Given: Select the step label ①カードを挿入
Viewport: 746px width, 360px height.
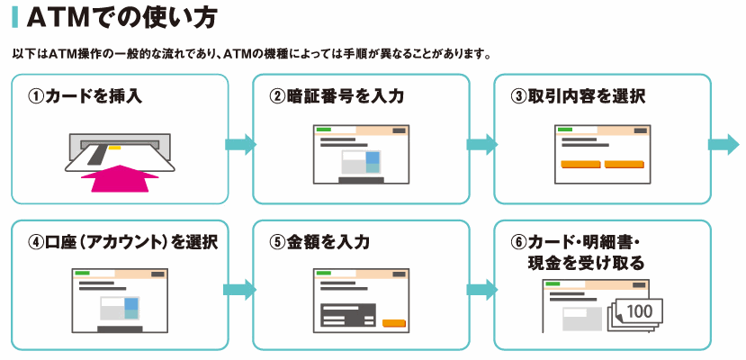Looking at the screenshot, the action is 85,96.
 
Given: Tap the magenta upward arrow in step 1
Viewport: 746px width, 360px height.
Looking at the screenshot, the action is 120,178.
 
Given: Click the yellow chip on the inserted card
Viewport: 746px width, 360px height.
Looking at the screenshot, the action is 114,148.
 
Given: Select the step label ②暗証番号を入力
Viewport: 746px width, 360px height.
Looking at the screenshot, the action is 337,96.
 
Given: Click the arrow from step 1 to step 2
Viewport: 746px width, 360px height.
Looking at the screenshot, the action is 240,145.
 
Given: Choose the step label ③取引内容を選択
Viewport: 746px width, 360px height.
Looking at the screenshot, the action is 578,96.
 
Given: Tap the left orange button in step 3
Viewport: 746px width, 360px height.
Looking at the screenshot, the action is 581,165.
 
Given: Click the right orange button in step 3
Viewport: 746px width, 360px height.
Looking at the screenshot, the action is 624,165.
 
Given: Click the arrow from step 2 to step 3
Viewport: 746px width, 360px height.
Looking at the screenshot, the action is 482,145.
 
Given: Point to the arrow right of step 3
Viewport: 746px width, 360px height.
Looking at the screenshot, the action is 724,145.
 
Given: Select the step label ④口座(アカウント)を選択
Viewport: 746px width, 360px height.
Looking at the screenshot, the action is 122,242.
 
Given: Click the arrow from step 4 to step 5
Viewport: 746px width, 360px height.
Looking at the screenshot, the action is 239,290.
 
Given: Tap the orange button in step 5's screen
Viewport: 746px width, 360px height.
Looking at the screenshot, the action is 394,323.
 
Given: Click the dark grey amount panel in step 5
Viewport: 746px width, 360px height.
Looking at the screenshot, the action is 348,315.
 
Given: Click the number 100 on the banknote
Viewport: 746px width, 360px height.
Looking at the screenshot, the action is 640,311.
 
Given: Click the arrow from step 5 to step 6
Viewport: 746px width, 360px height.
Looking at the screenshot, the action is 482,290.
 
